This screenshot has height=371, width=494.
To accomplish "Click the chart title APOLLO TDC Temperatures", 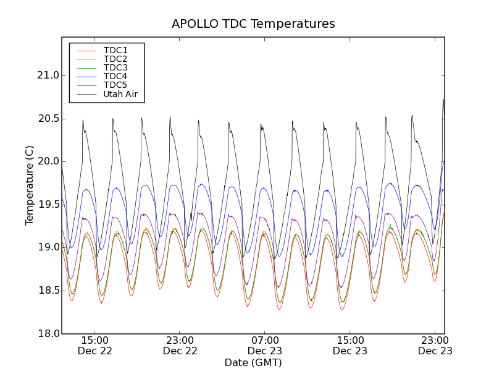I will [253, 24].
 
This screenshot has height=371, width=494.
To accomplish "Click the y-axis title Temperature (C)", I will [30, 185].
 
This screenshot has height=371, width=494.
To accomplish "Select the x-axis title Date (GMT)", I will [253, 362].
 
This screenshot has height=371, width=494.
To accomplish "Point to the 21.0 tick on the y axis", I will [48, 75].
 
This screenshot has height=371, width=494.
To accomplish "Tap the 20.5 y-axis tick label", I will [48, 118].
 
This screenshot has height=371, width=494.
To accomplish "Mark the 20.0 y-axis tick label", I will [48, 161].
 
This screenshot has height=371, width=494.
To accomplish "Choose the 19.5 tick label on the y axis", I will [48, 205].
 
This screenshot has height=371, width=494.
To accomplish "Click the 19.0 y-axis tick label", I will [48, 247].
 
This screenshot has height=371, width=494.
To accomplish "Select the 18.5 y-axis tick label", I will [48, 291].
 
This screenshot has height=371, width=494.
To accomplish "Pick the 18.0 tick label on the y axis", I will [48, 334].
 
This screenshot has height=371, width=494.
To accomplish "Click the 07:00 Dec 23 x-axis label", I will [266, 346].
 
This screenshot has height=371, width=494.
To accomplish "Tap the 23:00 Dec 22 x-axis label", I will [180, 346].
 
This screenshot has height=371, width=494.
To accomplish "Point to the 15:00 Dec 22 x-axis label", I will [95, 346].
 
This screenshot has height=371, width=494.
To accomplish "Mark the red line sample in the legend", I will [86, 51].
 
